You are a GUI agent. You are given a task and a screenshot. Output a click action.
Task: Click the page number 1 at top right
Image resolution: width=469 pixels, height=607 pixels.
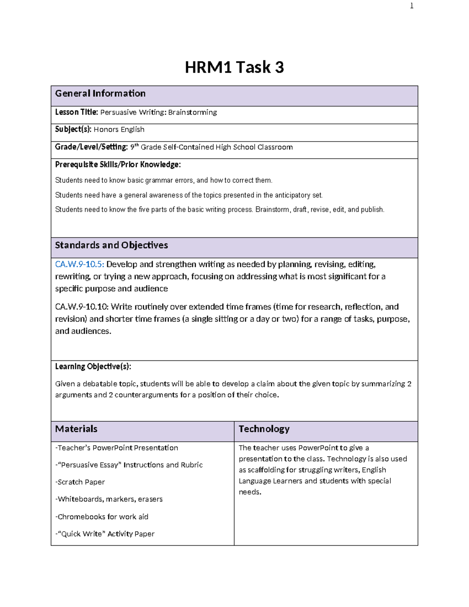412,6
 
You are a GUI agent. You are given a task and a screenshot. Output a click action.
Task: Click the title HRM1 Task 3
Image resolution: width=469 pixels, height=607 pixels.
234,67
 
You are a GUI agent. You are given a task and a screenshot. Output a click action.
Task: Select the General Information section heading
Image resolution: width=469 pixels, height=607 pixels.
100,93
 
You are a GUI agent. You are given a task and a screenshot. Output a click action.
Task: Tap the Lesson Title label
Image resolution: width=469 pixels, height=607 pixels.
76,112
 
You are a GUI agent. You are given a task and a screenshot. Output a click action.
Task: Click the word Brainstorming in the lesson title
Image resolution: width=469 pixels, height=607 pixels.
192,113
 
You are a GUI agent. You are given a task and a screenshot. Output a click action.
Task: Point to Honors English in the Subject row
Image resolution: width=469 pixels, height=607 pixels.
119,129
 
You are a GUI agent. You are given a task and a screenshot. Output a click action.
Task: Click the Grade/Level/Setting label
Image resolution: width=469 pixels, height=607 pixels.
91,147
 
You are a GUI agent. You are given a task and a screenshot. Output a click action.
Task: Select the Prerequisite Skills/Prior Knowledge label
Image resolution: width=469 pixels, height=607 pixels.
118,165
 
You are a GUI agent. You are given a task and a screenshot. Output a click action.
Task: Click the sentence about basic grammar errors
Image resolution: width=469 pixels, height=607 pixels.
163,180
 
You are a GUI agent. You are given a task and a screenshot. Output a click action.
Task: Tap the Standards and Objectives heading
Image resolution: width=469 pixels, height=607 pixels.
111,245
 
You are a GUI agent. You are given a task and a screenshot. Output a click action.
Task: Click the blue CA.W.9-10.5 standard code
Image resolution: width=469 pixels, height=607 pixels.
79,264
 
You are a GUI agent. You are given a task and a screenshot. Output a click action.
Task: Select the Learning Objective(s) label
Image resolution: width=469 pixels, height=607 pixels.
93,367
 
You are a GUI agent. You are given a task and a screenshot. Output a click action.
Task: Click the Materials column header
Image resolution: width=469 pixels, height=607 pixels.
76,429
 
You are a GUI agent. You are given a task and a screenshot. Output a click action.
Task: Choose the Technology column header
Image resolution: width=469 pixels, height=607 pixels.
264,429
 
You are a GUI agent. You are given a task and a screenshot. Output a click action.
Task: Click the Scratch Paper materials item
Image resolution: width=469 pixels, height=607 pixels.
80,482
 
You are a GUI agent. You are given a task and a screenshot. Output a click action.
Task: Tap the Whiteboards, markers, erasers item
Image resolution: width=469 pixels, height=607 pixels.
109,499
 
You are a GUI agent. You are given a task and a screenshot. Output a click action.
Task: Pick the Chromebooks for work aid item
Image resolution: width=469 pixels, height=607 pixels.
102,517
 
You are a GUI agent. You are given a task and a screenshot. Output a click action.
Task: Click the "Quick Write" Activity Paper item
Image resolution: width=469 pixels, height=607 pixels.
105,534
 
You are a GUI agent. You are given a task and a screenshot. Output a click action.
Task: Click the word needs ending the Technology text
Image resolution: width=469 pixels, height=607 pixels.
250,492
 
